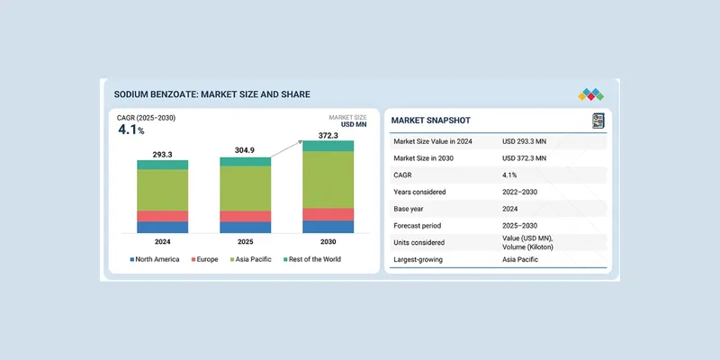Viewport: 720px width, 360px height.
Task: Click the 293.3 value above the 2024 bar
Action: [163, 154]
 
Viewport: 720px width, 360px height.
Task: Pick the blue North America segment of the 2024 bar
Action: [163, 227]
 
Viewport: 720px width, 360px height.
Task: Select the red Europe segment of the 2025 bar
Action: [246, 216]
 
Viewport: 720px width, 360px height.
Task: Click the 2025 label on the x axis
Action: [246, 242]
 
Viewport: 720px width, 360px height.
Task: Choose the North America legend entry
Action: [155, 259]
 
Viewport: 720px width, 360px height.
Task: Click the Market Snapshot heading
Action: [431, 121]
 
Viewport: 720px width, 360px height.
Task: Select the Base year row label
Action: [414, 209]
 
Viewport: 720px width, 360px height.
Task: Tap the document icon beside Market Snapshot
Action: [598, 121]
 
